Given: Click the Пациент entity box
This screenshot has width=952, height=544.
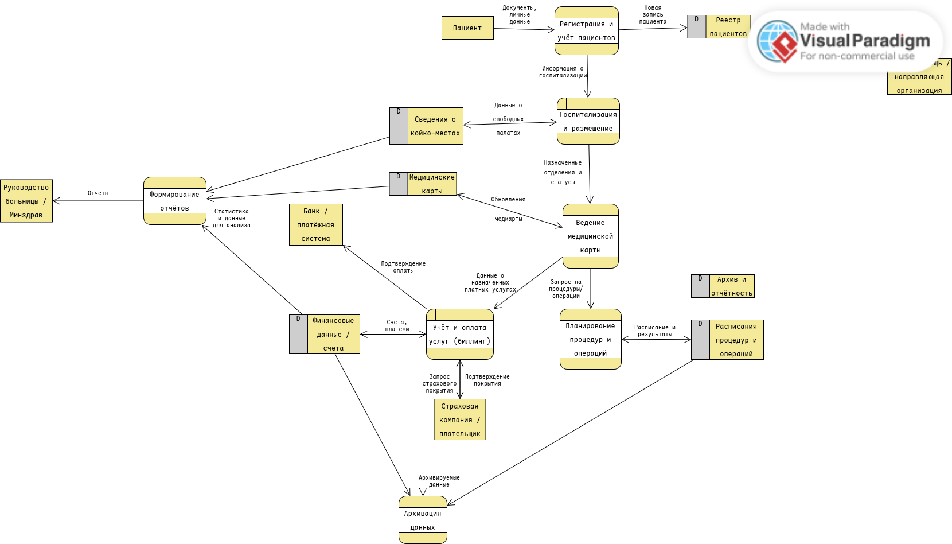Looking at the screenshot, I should point(467,28).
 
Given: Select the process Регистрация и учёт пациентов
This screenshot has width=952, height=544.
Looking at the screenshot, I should point(586,31).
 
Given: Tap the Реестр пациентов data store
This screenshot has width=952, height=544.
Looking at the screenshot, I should point(719,27).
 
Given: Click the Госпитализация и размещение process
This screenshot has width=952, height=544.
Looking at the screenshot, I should point(588,121).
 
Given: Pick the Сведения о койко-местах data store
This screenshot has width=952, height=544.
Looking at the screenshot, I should point(426,126).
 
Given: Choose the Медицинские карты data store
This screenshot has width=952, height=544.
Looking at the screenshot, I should point(423,184).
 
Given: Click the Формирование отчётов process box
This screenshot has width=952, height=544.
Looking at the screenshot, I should point(174,201).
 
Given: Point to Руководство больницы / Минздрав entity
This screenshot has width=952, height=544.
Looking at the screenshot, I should point(26,201).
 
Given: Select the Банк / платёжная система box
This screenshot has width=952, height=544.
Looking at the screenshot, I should point(315,225).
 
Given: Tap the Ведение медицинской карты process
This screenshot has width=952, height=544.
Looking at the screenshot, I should point(590,236).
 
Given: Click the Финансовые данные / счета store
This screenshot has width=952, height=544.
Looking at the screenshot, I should point(325,335).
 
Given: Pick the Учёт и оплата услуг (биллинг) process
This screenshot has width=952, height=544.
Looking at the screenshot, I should point(459,335).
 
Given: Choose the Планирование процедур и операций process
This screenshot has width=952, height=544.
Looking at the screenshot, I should point(590,339).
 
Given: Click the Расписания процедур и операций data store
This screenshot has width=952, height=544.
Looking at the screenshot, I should point(727,340).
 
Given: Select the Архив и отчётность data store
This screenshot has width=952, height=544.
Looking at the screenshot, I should point(723,286).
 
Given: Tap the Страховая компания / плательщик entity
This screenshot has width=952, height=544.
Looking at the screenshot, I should point(459,420).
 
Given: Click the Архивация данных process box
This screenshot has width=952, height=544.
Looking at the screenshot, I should point(423,520).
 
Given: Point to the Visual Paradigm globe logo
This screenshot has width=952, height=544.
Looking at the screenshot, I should point(777,41).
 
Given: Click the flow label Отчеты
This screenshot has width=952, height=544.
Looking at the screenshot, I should point(98,193).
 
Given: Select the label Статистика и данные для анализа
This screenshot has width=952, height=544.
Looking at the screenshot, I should point(232,219).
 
